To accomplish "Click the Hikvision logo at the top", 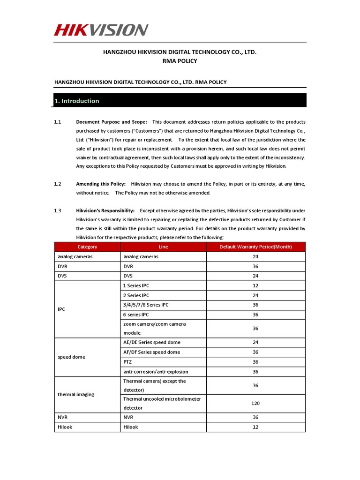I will click(101, 30).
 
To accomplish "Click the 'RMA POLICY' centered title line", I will click(180, 61).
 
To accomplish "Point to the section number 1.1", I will click(58, 122).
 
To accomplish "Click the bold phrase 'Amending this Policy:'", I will click(101, 184).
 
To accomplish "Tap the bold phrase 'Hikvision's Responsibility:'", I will click(105, 211).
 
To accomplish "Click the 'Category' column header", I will click(87, 247).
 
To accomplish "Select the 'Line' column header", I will click(163, 247).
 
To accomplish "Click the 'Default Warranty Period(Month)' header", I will click(255, 247).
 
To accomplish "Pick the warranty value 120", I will click(255, 403).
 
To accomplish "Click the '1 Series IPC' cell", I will click(136, 285).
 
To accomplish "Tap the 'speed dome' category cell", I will click(71, 357).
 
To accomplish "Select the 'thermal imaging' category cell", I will click(75, 395).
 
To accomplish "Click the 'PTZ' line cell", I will click(127, 362).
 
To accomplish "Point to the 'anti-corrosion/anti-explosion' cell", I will click(156, 372).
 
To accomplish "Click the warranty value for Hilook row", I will click(255, 427).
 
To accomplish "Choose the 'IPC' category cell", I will click(62, 310).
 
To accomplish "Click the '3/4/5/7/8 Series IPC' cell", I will click(145, 305).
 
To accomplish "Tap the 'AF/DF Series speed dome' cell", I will click(151, 352).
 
